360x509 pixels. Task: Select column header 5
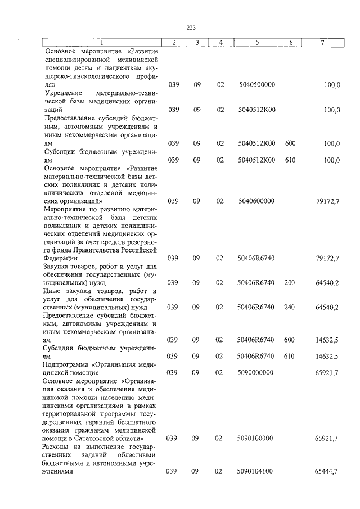pyautogui.click(x=256, y=43)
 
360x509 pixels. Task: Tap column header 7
pyautogui.click(x=322, y=43)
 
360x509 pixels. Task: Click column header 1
pyautogui.click(x=101, y=43)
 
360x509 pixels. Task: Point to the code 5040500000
pyautogui.click(x=256, y=84)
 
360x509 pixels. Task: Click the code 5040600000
pyautogui.click(x=256, y=200)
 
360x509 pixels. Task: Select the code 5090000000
pyautogui.click(x=256, y=372)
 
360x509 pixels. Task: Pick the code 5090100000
pyautogui.click(x=256, y=438)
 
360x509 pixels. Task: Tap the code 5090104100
pyautogui.click(x=256, y=472)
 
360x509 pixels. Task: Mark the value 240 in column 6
pyautogui.click(x=290, y=307)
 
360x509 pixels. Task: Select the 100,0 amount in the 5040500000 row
pyautogui.click(x=332, y=84)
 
